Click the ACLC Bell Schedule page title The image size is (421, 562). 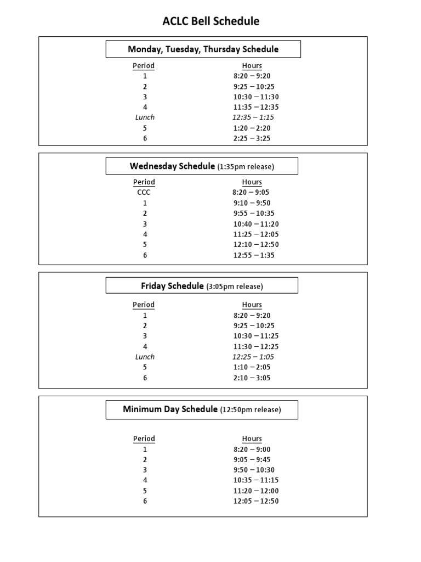(x=210, y=21)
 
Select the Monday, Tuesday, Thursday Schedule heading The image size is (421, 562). (x=203, y=49)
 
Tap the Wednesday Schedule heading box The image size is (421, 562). (x=202, y=166)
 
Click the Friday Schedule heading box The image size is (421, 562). (x=202, y=286)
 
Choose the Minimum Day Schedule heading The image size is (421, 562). (x=202, y=409)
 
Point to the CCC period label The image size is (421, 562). (x=144, y=193)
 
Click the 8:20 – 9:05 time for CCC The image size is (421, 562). (x=251, y=193)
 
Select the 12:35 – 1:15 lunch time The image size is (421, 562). (x=253, y=117)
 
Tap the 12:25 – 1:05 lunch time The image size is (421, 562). (x=253, y=357)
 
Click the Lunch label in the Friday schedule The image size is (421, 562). (x=145, y=357)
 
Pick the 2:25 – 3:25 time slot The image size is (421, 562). (x=252, y=138)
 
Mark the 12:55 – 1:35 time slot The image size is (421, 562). (x=254, y=255)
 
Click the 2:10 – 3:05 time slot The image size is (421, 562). (x=252, y=378)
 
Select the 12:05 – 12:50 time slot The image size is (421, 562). (x=256, y=501)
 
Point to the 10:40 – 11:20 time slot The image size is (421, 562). (x=256, y=224)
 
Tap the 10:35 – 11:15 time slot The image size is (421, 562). (x=256, y=480)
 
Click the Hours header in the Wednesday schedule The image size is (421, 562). (x=252, y=182)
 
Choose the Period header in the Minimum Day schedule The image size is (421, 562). (x=144, y=439)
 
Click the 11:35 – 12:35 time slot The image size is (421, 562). (x=256, y=107)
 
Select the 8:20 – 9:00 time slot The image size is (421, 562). (x=252, y=449)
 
